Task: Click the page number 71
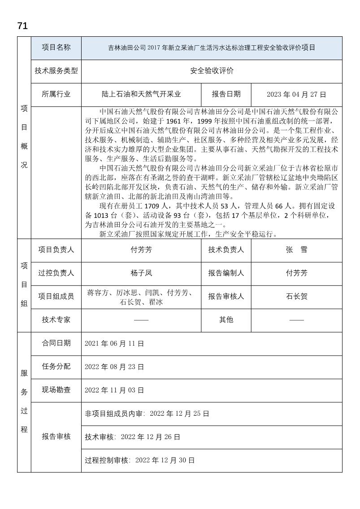pos(22,26)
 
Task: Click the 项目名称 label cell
pos(56,48)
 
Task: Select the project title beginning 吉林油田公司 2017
pos(212,48)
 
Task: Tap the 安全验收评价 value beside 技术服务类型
pos(212,71)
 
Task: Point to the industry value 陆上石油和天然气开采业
pos(141,94)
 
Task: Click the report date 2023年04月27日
pos(296,94)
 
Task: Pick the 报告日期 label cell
pos(226,94)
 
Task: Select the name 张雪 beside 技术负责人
pos(296,250)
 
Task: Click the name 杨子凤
pos(141,273)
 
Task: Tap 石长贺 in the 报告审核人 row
pos(296,296)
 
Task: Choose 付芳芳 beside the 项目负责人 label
pos(141,250)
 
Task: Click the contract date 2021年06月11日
pos(114,344)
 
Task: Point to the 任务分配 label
pos(56,366)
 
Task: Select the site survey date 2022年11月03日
pos(114,390)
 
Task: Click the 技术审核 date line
pos(133,436)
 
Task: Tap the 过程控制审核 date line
pos(139,460)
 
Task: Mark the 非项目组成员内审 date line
pos(147,413)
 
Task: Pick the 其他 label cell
pos(226,320)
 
